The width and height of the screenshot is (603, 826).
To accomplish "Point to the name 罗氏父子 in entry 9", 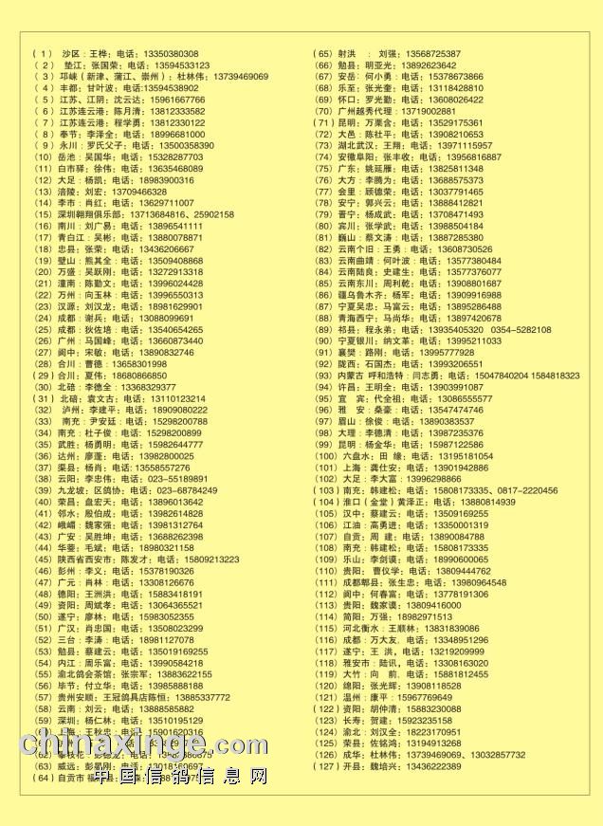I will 101,146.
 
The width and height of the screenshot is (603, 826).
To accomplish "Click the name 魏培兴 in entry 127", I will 389,766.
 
